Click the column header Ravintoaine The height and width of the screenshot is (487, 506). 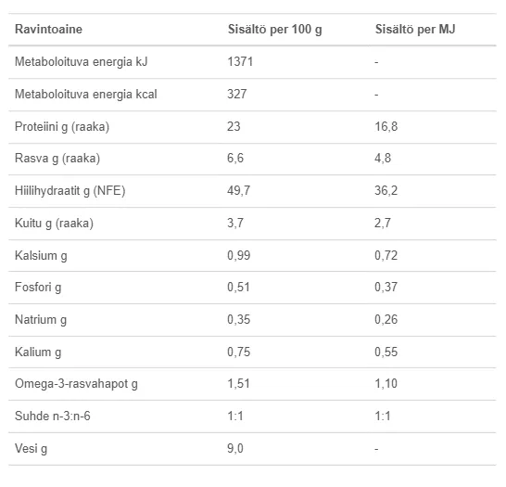(48, 29)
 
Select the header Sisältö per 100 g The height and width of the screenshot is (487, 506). (275, 30)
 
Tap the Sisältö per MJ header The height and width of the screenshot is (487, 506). (415, 29)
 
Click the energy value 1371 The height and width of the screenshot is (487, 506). (240, 61)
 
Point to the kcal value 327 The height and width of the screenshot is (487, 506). (237, 94)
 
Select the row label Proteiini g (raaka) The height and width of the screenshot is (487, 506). (62, 126)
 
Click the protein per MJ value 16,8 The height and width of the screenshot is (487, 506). (386, 126)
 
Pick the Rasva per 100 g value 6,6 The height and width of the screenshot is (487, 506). (235, 158)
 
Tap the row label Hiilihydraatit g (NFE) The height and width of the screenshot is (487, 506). (70, 190)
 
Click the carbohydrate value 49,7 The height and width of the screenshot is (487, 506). (238, 190)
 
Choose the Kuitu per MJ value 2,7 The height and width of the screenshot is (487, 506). (383, 223)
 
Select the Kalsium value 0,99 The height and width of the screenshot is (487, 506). (239, 255)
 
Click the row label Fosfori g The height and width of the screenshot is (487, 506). (38, 287)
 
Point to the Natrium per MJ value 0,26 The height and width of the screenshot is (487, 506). (386, 319)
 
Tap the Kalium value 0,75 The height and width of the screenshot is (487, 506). (239, 352)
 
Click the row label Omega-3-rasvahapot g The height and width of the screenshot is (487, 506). (76, 384)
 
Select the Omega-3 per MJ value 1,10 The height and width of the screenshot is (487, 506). (386, 383)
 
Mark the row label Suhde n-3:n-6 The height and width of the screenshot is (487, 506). (53, 416)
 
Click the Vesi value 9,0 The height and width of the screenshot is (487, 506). (235, 448)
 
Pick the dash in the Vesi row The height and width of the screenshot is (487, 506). (376, 449)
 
